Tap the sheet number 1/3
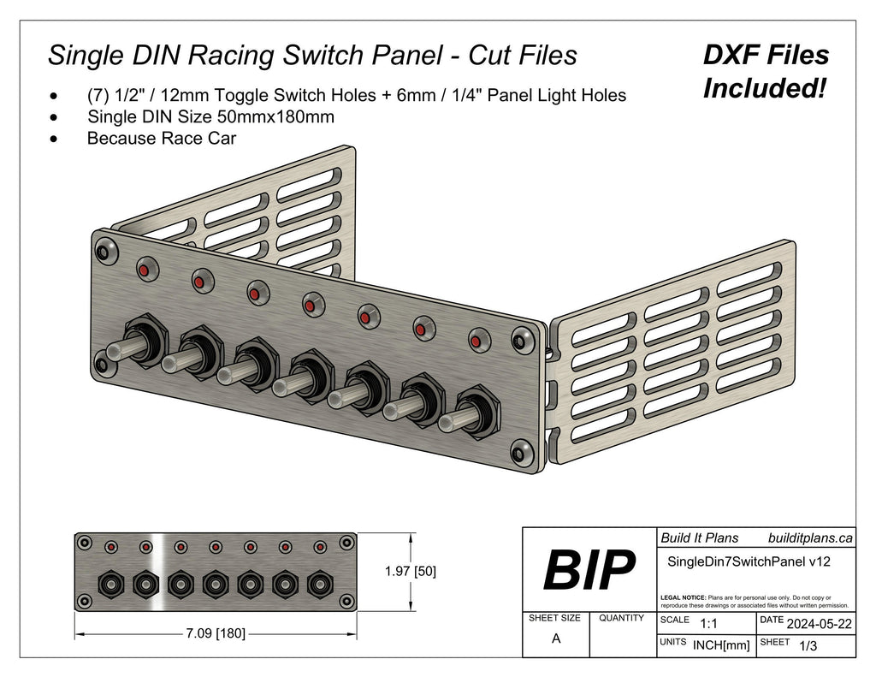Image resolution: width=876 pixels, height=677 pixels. tap(806, 647)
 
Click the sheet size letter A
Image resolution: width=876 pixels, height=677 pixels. tap(556, 638)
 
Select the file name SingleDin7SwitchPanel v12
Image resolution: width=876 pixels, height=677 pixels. tap(748, 561)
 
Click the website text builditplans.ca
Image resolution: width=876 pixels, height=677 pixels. tap(810, 537)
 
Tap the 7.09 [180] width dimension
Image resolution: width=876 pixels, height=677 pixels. tap(216, 633)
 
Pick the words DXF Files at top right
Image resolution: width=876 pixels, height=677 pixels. tap(766, 56)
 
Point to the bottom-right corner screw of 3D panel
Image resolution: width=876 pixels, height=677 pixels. tap(518, 452)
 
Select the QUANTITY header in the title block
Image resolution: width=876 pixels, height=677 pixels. tap(622, 618)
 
